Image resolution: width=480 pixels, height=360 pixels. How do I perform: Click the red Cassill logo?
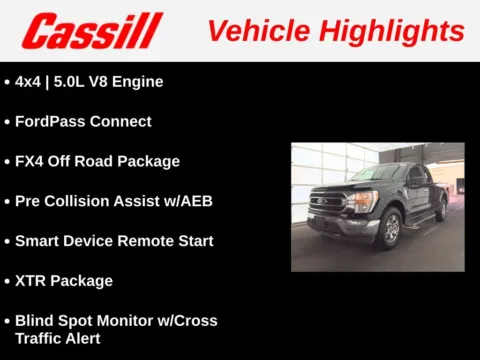pos(92,31)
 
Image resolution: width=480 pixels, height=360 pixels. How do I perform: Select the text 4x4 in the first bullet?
pos(30,81)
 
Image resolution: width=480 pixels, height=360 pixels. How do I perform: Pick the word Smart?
pos(38,241)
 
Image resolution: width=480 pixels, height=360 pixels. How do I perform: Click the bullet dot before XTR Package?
pos(8,281)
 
